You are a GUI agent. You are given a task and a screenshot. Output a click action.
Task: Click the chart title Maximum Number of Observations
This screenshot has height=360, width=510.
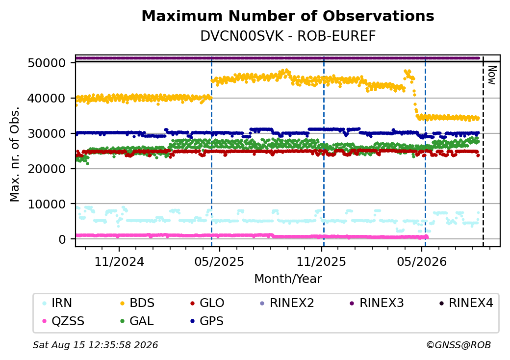point(288,16)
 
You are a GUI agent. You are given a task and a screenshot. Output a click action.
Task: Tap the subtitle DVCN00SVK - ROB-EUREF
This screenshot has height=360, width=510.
point(288,36)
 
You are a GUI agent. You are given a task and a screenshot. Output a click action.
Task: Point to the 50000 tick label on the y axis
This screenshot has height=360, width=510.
point(47,63)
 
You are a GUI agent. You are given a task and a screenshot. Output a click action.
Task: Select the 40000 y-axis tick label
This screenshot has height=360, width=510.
point(47,98)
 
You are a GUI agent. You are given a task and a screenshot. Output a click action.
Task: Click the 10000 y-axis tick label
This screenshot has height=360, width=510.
point(47,204)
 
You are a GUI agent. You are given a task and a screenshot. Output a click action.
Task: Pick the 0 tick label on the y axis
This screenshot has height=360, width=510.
point(62,239)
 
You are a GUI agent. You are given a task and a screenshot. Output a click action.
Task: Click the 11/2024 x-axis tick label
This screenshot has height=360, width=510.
point(119,261)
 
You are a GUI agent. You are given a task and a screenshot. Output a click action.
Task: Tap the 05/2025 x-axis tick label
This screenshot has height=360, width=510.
point(219,261)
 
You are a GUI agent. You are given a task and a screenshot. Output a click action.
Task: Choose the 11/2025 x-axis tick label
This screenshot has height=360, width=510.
point(321,261)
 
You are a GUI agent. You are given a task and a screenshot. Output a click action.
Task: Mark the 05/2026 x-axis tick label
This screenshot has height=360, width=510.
point(422,261)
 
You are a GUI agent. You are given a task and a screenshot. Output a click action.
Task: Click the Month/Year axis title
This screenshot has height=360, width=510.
point(288,279)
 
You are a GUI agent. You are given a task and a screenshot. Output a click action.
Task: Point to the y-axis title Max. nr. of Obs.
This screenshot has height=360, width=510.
point(15,154)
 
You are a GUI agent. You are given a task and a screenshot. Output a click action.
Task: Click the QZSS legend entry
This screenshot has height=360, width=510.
point(63,321)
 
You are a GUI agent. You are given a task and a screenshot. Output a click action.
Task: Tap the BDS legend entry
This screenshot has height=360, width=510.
point(137,303)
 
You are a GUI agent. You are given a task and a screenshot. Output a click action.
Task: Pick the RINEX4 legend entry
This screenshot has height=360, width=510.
point(466,303)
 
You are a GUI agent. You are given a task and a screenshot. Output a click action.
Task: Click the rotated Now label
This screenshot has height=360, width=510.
point(492,75)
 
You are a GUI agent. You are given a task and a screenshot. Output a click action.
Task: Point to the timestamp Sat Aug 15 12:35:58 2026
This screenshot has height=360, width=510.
point(96,345)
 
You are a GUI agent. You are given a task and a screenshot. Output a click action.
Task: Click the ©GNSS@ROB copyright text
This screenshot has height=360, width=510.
point(459,345)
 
